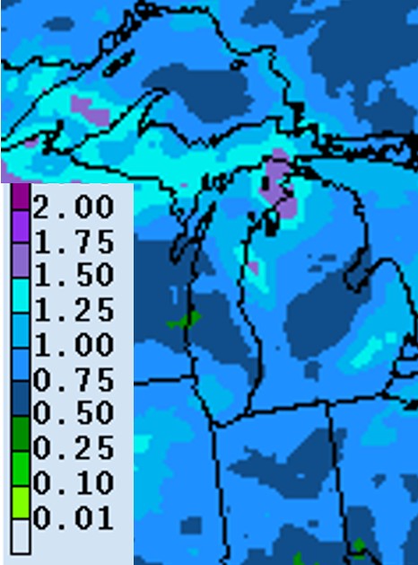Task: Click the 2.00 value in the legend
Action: pyautogui.click(x=74, y=207)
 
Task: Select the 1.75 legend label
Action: pyautogui.click(x=74, y=242)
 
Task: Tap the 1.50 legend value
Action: pyautogui.click(x=74, y=276)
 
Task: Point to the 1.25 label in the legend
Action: pyautogui.click(x=74, y=311)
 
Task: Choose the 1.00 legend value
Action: pyautogui.click(x=74, y=345)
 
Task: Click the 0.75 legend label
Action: pyautogui.click(x=74, y=379)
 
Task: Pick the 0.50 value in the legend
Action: pyautogui.click(x=74, y=414)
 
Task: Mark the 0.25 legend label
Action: pyautogui.click(x=74, y=448)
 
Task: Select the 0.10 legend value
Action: pyautogui.click(x=74, y=483)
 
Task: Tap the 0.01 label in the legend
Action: pyautogui.click(x=74, y=518)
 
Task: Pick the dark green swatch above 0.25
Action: pyautogui.click(x=20, y=436)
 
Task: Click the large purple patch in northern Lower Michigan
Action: pyautogui.click(x=280, y=184)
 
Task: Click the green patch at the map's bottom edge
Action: pyautogui.click(x=358, y=546)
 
